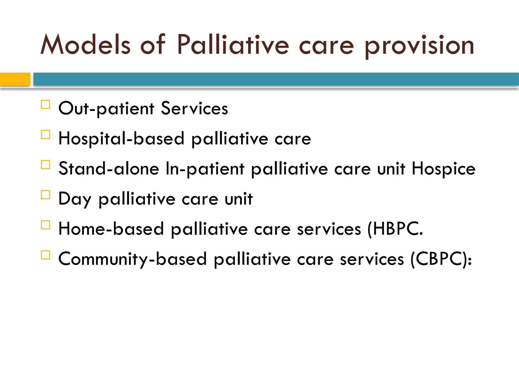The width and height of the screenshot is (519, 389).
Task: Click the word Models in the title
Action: point(85,45)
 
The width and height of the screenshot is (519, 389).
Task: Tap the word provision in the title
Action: point(419,46)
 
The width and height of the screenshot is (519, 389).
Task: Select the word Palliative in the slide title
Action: point(233,45)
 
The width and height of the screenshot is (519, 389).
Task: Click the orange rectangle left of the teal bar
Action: point(15,79)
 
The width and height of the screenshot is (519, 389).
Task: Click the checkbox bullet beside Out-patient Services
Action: point(45,104)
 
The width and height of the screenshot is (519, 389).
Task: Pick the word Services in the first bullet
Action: point(194,108)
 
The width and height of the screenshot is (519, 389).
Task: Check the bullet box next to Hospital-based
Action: point(45,134)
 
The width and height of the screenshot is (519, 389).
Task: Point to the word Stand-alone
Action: point(109,168)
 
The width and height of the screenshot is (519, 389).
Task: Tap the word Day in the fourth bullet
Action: point(75,199)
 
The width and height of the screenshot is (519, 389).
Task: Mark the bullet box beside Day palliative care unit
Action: point(45,195)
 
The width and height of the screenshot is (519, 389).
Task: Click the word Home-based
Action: point(111,229)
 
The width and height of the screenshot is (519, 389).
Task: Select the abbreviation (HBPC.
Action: point(395,229)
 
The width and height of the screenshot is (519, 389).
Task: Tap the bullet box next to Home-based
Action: point(45,225)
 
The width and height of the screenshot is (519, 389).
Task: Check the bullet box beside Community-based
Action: point(45,255)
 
